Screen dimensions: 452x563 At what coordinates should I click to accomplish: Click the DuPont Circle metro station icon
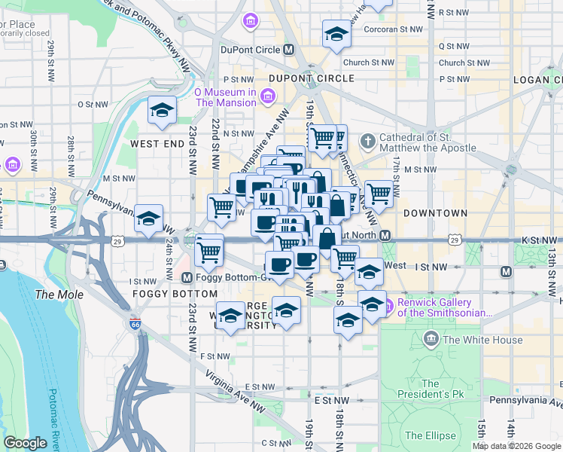[x=288, y=50]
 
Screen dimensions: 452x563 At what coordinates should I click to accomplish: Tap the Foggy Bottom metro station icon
[x=188, y=276]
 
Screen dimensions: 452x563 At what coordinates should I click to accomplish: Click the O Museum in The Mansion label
[x=225, y=97]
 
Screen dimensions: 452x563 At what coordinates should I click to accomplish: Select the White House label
[x=482, y=340]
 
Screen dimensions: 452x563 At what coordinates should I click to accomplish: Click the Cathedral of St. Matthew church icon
[x=367, y=141]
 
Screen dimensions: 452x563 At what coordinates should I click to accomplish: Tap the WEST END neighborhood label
[x=157, y=143]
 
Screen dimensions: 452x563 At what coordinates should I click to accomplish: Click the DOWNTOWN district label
[x=435, y=213]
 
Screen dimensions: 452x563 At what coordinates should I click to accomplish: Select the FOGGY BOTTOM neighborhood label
[x=159, y=293]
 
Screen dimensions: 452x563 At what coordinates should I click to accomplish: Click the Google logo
[x=25, y=443]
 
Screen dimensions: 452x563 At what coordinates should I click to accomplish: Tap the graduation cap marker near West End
[x=162, y=112]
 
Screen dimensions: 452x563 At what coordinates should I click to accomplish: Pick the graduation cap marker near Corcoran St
[x=336, y=34]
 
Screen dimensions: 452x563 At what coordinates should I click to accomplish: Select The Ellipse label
[x=430, y=435]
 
